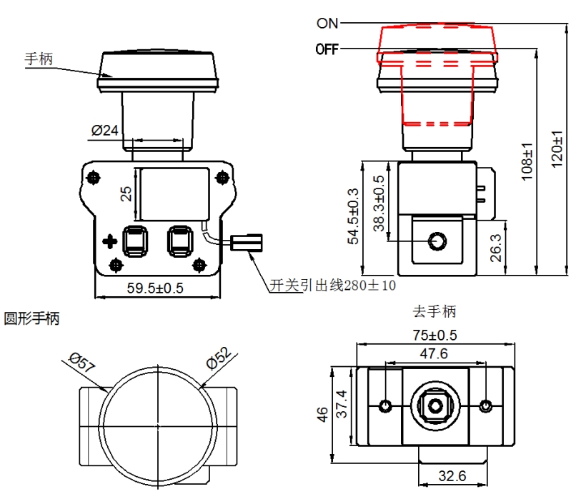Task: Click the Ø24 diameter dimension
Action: (x=104, y=131)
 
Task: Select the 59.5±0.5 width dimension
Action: (x=155, y=288)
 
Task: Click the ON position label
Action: (x=327, y=23)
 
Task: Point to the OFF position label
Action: (x=327, y=49)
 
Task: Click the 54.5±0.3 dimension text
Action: (x=352, y=217)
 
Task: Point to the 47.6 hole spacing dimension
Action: (x=433, y=353)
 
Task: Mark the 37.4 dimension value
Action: (x=342, y=405)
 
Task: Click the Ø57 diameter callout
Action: (x=82, y=363)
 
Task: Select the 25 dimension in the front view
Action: (x=126, y=193)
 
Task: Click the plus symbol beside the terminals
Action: (x=110, y=241)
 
